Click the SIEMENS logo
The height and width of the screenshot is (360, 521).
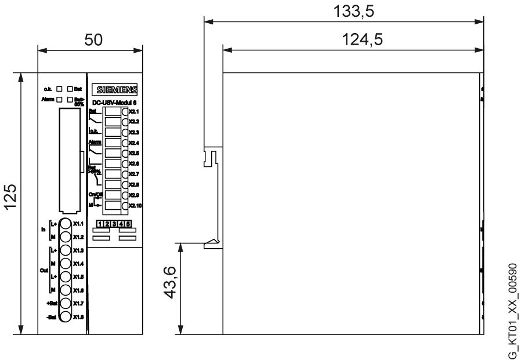(120, 90)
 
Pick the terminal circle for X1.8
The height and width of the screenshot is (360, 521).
(66, 317)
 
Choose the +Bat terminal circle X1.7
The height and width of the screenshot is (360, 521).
(66, 303)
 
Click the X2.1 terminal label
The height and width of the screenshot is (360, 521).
(133, 111)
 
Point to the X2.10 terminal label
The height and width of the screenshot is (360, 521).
(135, 206)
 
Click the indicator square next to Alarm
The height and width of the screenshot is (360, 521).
(59, 100)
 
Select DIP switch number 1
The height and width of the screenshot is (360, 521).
(100, 224)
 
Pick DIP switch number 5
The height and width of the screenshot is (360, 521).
(128, 224)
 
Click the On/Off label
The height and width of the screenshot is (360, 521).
(95, 194)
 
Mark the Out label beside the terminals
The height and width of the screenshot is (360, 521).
(43, 270)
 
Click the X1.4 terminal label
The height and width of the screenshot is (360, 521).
(79, 264)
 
